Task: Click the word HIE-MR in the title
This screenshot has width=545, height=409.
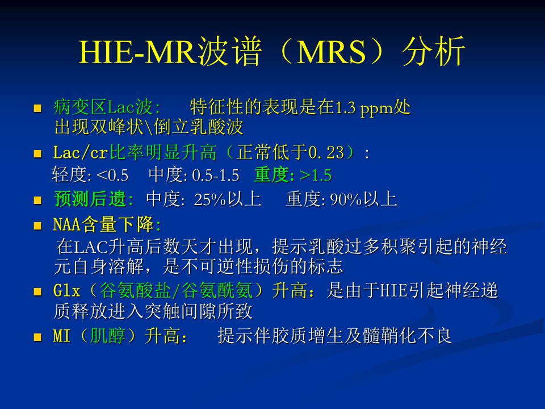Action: coord(139,52)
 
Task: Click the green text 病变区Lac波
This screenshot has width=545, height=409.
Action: coord(103,107)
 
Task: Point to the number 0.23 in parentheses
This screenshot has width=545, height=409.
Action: coord(326,153)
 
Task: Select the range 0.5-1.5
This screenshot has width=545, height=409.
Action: coord(216,176)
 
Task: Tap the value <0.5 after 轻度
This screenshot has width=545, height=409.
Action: coord(112,176)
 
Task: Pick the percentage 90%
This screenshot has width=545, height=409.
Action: coord(346,199)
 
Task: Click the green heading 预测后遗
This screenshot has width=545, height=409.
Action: coord(90,199)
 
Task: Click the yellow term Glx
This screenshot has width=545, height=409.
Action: coord(67,291)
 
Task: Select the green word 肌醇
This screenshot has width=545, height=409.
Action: coord(107,336)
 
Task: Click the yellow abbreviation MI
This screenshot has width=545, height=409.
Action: coord(62,336)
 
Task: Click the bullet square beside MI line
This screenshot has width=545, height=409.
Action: coord(37,337)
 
